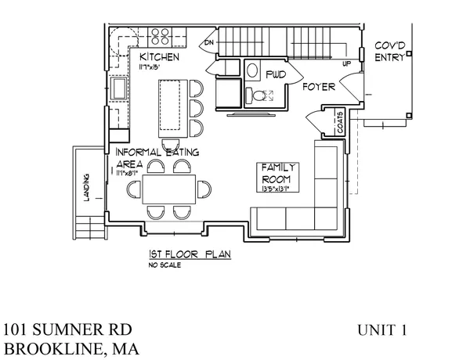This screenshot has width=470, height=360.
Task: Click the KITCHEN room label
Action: coord(160,58)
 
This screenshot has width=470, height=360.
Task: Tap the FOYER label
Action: coord(320,88)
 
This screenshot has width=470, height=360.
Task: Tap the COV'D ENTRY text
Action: coord(389,50)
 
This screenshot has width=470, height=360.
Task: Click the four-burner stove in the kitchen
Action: coord(161,35)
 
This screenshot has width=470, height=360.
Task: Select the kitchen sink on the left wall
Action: coord(120,89)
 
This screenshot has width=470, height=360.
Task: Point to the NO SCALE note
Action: coord(164,265)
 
